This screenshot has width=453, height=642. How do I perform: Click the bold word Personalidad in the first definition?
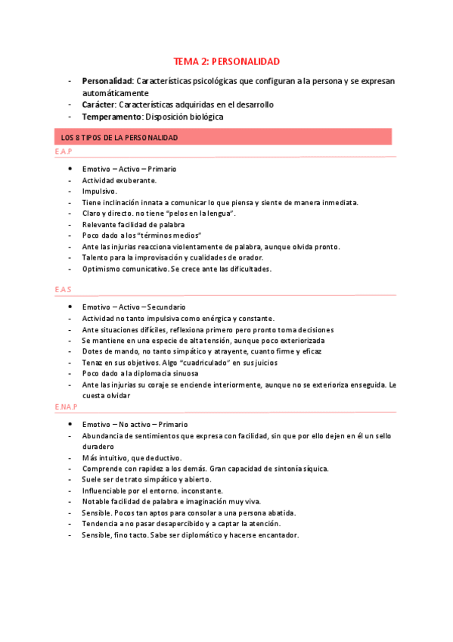tap(107, 81)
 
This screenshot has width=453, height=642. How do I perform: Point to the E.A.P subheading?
tap(63, 153)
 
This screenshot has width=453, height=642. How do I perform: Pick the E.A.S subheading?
tap(63, 291)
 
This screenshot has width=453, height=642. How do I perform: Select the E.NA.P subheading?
tap(66, 407)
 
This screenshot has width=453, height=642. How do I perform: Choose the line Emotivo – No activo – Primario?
tap(135, 425)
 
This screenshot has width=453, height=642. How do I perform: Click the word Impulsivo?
tap(99, 192)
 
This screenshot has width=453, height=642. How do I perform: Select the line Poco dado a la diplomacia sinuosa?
tap(140, 373)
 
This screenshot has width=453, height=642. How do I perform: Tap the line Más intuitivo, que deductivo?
tap(132, 458)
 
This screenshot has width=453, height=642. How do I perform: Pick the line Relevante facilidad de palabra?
tap(133, 225)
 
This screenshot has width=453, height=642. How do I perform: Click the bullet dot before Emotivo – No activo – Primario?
tap(70, 425)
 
